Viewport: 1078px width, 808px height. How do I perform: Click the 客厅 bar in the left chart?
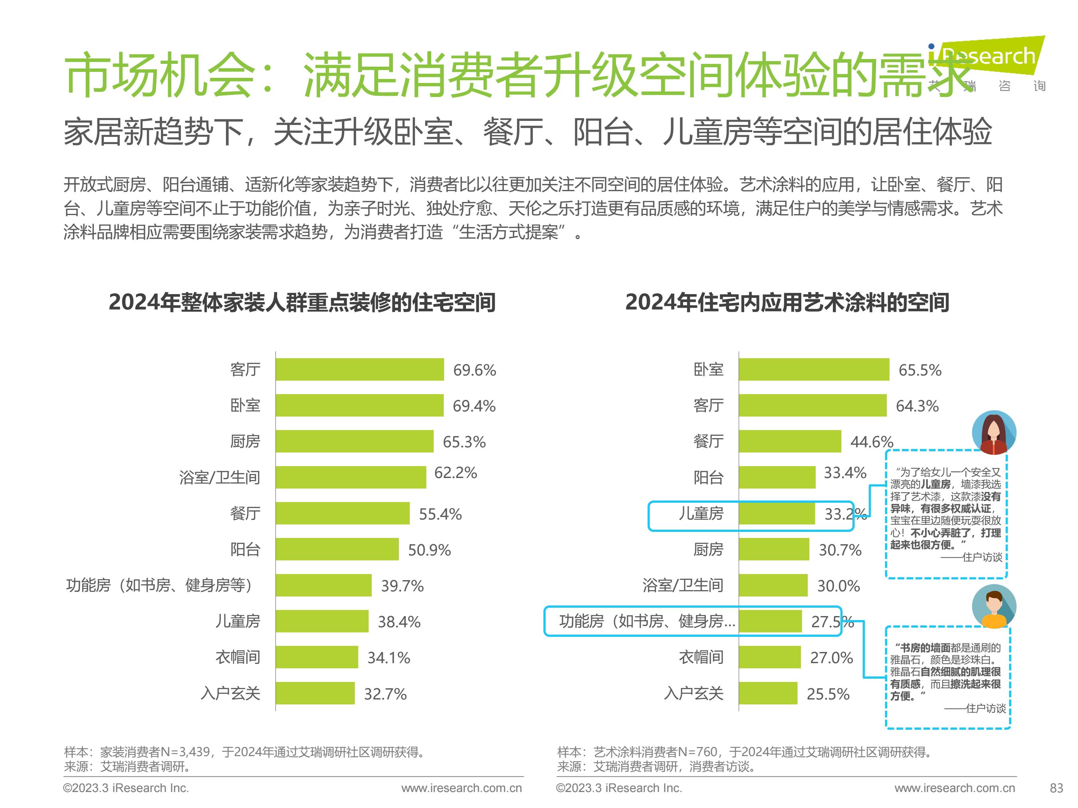pos(360,369)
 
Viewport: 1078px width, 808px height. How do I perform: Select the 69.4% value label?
pos(474,406)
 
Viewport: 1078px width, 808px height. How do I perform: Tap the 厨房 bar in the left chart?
pos(354,441)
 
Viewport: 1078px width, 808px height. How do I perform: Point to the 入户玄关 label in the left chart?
pos(230,693)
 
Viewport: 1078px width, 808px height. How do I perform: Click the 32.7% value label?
pos(385,693)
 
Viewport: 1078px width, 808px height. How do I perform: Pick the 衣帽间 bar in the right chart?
pos(769,657)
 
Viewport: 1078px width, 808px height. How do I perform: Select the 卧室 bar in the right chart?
pos(814,369)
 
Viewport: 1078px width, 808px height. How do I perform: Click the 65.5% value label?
pos(919,370)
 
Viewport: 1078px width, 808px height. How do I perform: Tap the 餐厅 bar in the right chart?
pos(789,441)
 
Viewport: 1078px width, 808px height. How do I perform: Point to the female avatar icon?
pos(994,433)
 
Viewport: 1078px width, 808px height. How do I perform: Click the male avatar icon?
pos(994,607)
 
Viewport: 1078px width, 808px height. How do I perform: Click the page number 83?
pos(1056,788)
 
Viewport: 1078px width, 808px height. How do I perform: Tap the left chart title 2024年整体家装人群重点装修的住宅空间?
pos(302,302)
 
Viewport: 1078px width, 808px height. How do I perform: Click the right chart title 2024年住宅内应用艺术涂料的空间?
pos(787,302)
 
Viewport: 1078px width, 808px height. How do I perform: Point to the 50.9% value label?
pos(429,550)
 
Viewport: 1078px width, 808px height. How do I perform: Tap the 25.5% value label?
pos(828,693)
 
